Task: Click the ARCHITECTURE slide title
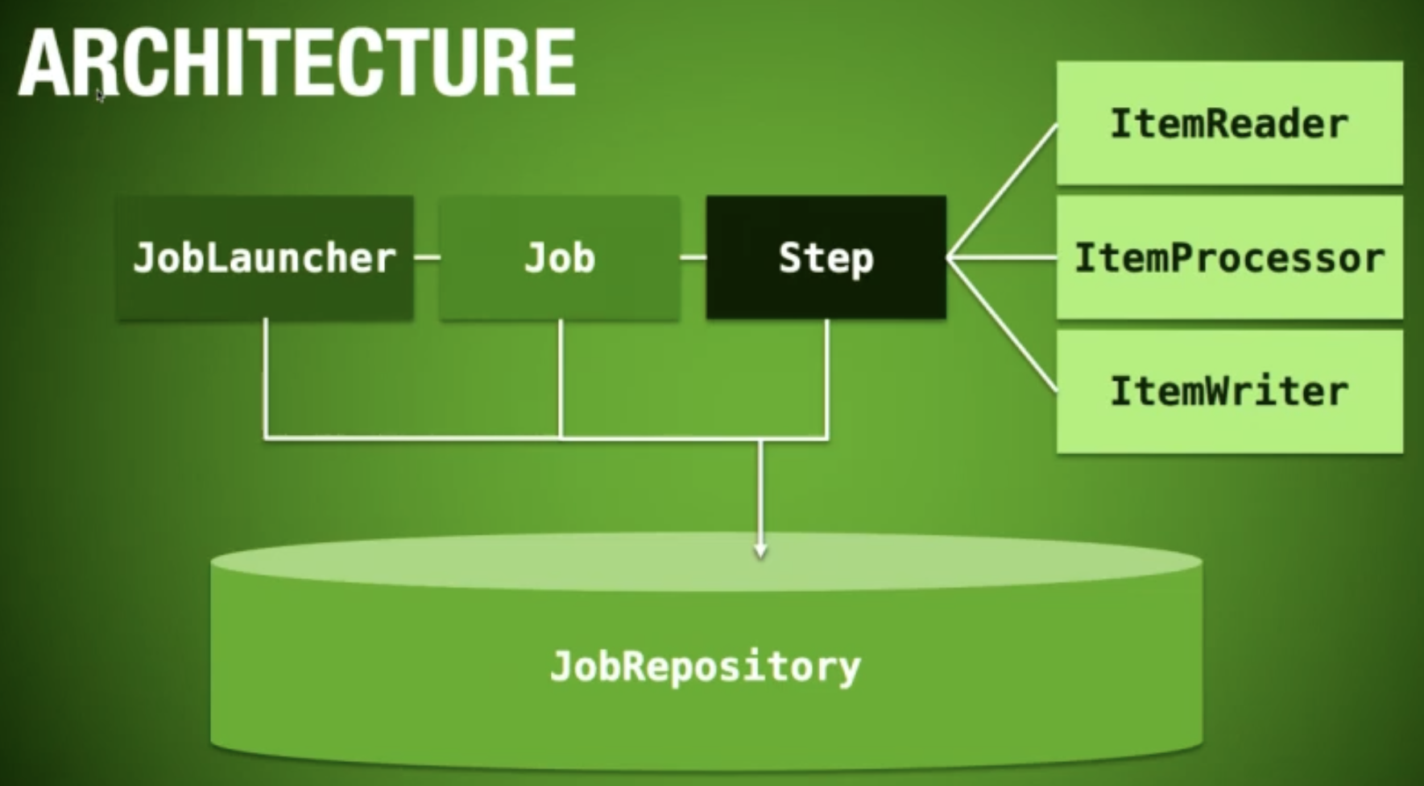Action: pyautogui.click(x=296, y=62)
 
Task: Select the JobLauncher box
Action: pyautogui.click(x=265, y=258)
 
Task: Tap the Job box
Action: pyautogui.click(x=560, y=258)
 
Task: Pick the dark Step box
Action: pyautogui.click(x=826, y=258)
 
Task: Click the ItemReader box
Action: pyautogui.click(x=1230, y=123)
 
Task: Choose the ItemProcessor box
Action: pyautogui.click(x=1230, y=258)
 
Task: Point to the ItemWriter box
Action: pyautogui.click(x=1230, y=391)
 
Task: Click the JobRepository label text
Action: pyautogui.click(x=706, y=668)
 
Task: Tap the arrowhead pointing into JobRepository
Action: pyautogui.click(x=760, y=551)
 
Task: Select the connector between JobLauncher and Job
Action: pyautogui.click(x=427, y=258)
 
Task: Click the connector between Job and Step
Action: pyautogui.click(x=693, y=258)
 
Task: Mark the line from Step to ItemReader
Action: pyautogui.click(x=1002, y=191)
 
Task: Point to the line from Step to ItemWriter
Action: pyautogui.click(x=1002, y=325)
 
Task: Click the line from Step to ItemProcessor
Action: pyautogui.click(x=1002, y=258)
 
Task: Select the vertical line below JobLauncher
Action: pyautogui.click(x=265, y=379)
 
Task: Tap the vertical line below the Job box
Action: pyautogui.click(x=561, y=379)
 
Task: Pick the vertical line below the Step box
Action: pyautogui.click(x=827, y=379)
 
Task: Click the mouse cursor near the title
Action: pyautogui.click(x=100, y=95)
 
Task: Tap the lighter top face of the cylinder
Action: pyautogui.click(x=706, y=561)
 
